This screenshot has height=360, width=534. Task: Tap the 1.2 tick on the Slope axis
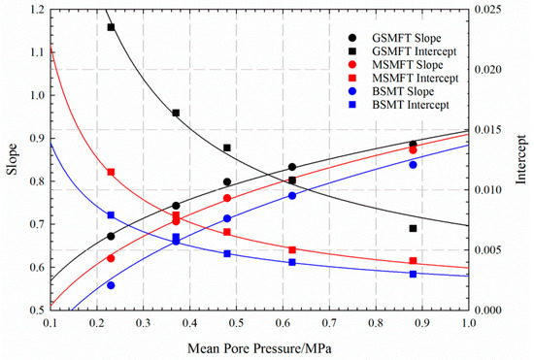pyautogui.click(x=37, y=10)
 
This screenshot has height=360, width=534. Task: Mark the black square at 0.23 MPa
pyautogui.click(x=111, y=27)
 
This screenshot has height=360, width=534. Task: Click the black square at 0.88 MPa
pyautogui.click(x=414, y=229)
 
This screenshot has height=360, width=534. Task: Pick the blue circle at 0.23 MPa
pyautogui.click(x=111, y=285)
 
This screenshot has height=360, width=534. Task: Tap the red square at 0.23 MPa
pyautogui.click(x=111, y=172)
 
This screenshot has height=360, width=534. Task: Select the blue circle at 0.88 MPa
pyautogui.click(x=414, y=165)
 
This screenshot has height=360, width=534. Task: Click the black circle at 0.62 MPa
pyautogui.click(x=292, y=167)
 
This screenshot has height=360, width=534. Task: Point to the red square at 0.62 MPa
pyautogui.click(x=292, y=249)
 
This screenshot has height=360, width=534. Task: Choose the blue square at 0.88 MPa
pyautogui.click(x=414, y=274)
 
